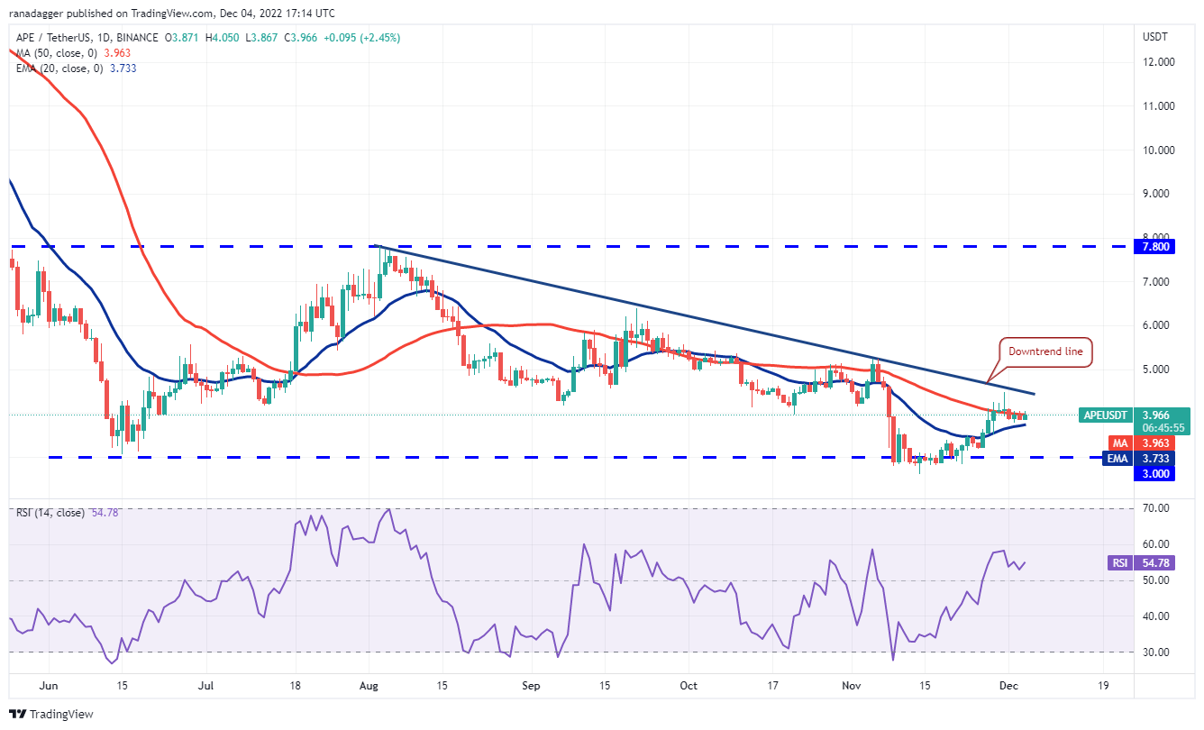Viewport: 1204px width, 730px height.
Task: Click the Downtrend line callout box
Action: tap(1045, 352)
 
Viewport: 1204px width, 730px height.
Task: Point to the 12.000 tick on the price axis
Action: tap(1158, 62)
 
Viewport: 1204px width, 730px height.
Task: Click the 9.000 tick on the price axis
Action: tap(1158, 194)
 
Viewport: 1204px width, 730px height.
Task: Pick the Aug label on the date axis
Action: tap(370, 686)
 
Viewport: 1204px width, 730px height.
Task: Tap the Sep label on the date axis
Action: tap(531, 686)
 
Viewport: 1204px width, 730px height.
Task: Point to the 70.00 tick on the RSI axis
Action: tap(1156, 508)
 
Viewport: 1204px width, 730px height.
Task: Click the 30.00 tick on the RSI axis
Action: tap(1156, 652)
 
